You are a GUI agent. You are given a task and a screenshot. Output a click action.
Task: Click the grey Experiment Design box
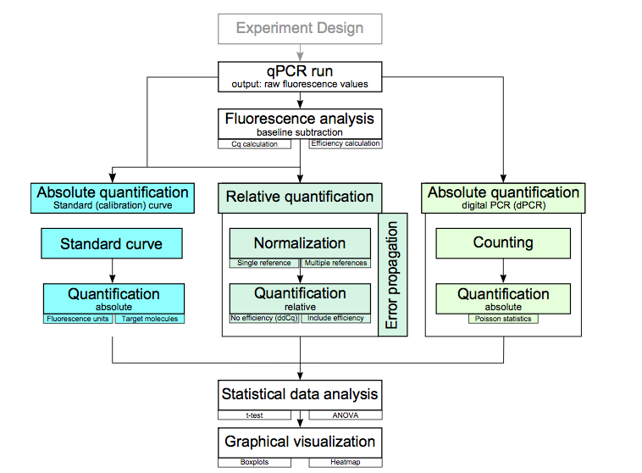coord(300,28)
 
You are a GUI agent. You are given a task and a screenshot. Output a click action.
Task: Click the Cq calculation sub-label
coord(254,144)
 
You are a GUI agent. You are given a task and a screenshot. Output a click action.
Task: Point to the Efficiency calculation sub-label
coord(345,144)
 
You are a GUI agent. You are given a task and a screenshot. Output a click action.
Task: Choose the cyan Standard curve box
coord(112,244)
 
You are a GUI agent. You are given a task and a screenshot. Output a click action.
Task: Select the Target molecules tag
coord(148,319)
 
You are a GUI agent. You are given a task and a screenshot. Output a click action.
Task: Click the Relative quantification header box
coord(300,198)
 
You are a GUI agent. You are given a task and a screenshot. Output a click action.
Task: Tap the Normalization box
coord(300,243)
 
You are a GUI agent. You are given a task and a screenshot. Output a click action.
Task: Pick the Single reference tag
coord(264,263)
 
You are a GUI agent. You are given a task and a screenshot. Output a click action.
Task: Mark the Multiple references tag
coord(336,263)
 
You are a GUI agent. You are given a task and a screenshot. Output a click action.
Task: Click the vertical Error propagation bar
coord(392,275)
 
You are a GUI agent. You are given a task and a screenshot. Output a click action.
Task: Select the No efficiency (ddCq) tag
coord(264,319)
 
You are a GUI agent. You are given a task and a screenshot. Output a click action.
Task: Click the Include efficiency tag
coord(336,319)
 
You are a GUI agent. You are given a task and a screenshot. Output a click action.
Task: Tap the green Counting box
coord(503,243)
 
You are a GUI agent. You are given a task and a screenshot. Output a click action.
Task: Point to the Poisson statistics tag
coord(503,319)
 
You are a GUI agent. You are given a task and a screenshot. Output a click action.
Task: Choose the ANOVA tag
coord(345,415)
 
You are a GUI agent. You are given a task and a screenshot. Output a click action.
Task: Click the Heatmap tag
coord(345,462)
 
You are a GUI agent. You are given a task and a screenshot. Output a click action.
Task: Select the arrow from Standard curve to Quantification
coord(112,271)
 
